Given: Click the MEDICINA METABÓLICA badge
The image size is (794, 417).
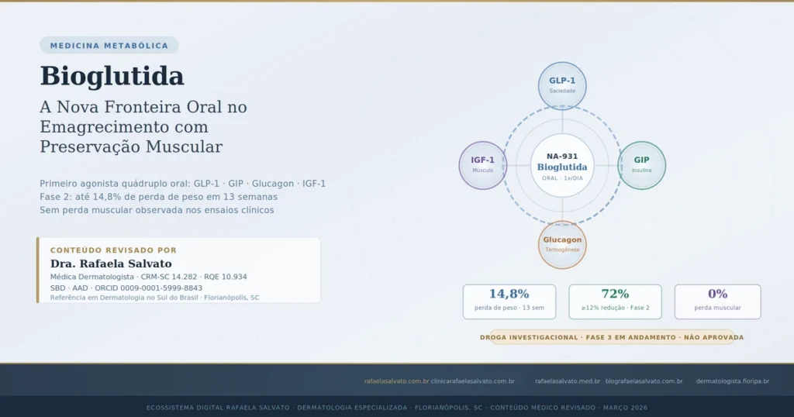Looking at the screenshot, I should (x=109, y=46).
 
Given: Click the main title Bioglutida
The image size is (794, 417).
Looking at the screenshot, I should (x=112, y=76).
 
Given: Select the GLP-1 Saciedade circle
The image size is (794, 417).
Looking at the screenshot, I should (x=562, y=85).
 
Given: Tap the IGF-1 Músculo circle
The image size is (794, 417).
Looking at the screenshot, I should (x=483, y=165).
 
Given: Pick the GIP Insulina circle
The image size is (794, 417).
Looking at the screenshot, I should (x=641, y=165).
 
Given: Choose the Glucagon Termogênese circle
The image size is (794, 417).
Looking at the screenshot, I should (x=562, y=245).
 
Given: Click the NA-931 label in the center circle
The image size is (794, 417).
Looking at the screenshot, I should (x=562, y=156).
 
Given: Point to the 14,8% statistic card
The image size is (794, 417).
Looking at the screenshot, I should (x=509, y=301).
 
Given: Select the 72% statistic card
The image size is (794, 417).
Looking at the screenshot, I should (x=615, y=301).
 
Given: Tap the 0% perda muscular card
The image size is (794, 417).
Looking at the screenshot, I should (x=717, y=301).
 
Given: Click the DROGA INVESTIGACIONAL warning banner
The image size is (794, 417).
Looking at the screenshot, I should (x=611, y=337).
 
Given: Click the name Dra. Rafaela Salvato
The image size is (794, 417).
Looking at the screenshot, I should (x=111, y=264).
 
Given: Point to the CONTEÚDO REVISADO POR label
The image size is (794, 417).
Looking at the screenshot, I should (x=113, y=250).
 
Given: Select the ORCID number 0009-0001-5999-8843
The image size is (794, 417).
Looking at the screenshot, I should (x=159, y=288).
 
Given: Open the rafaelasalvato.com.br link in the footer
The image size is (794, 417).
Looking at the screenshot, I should (x=396, y=381).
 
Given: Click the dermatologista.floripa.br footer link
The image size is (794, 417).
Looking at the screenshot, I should (x=732, y=381).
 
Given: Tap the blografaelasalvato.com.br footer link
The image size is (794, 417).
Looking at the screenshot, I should (x=644, y=381).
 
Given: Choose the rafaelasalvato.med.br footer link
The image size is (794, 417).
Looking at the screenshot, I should (x=568, y=381).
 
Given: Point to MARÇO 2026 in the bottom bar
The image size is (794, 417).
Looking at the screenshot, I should (x=625, y=408).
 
